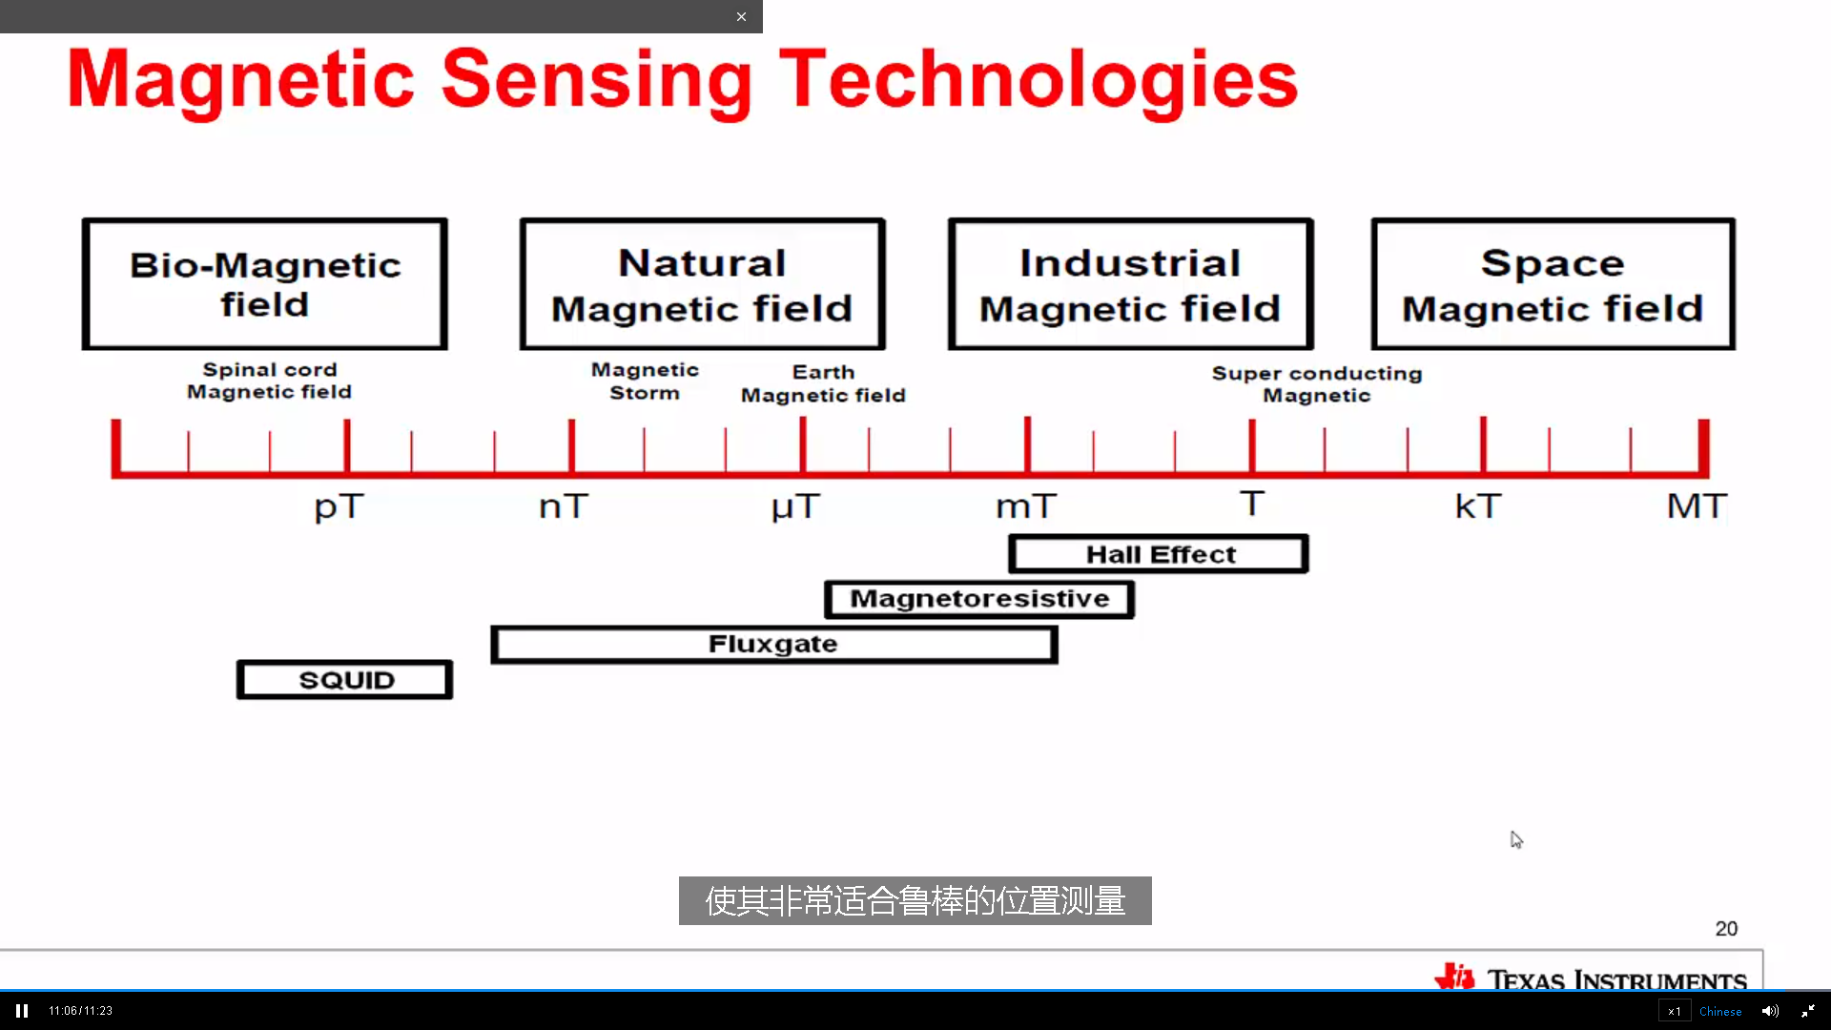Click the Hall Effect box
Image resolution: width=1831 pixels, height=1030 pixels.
click(1159, 554)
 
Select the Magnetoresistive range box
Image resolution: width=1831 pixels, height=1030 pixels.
click(979, 599)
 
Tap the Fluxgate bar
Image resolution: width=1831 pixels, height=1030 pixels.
click(774, 645)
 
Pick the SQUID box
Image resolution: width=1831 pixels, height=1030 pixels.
click(345, 680)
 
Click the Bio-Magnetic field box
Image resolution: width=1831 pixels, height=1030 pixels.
click(265, 284)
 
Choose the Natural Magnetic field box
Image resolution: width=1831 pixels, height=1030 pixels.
click(703, 284)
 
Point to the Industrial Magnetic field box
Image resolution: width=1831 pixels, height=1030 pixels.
click(1131, 284)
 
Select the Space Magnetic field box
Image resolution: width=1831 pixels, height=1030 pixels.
click(1553, 284)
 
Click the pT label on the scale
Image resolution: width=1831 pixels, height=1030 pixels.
click(339, 506)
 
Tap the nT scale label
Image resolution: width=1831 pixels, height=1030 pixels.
click(564, 505)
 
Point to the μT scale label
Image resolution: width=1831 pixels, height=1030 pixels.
click(795, 506)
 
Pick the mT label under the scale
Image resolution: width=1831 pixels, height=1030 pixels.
click(1026, 505)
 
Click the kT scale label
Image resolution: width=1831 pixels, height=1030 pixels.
click(1478, 505)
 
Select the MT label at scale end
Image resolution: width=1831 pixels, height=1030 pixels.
click(1697, 505)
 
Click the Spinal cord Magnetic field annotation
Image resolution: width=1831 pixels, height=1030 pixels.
click(270, 381)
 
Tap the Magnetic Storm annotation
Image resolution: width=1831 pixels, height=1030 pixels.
click(645, 381)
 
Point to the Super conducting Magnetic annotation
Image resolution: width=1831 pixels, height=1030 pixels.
click(1317, 384)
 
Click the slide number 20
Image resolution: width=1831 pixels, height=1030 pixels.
click(1726, 929)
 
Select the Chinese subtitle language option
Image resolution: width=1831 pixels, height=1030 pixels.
click(1720, 1011)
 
